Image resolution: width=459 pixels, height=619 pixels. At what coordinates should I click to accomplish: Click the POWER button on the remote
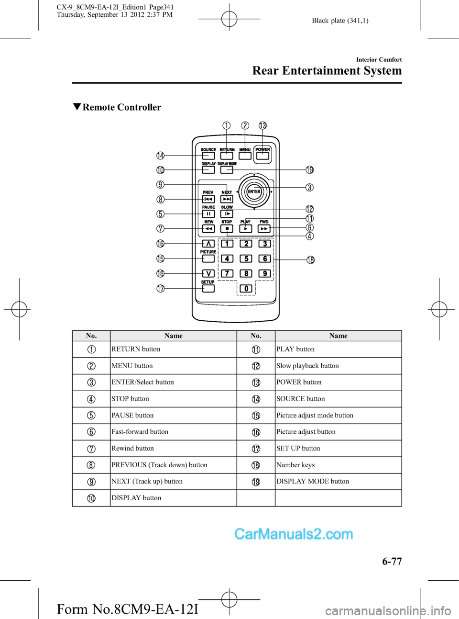tap(262, 155)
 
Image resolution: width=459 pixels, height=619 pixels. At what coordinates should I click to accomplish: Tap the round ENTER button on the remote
tap(254, 191)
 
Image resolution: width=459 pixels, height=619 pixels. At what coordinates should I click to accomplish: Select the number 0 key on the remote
tap(246, 288)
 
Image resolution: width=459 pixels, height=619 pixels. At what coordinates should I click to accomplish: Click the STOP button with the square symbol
tap(227, 229)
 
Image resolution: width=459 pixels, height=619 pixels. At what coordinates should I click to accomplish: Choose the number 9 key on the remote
tap(265, 273)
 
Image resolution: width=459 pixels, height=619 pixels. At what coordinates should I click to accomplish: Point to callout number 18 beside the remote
tap(310, 260)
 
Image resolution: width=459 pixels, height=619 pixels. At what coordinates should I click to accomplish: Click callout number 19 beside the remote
tap(310, 170)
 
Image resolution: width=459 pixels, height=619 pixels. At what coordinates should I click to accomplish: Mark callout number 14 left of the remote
tap(161, 156)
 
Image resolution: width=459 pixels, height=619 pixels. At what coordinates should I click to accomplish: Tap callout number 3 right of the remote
tap(310, 187)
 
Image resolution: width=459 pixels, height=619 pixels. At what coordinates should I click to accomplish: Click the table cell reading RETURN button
tap(136, 349)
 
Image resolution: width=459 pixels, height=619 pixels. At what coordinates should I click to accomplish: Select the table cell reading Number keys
tap(295, 465)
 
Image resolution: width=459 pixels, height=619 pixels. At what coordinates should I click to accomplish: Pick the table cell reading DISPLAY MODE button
tap(313, 481)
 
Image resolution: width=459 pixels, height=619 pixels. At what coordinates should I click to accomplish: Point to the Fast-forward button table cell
tap(140, 432)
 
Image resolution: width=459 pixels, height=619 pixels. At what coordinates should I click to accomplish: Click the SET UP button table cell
tap(298, 448)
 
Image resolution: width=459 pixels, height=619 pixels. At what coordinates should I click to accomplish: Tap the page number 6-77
tap(392, 562)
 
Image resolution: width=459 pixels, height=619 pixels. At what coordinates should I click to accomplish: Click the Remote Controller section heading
tap(121, 107)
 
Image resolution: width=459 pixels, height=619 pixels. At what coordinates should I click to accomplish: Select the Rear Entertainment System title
tap(327, 71)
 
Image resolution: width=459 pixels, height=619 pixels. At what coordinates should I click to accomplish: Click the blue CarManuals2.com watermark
tap(294, 534)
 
